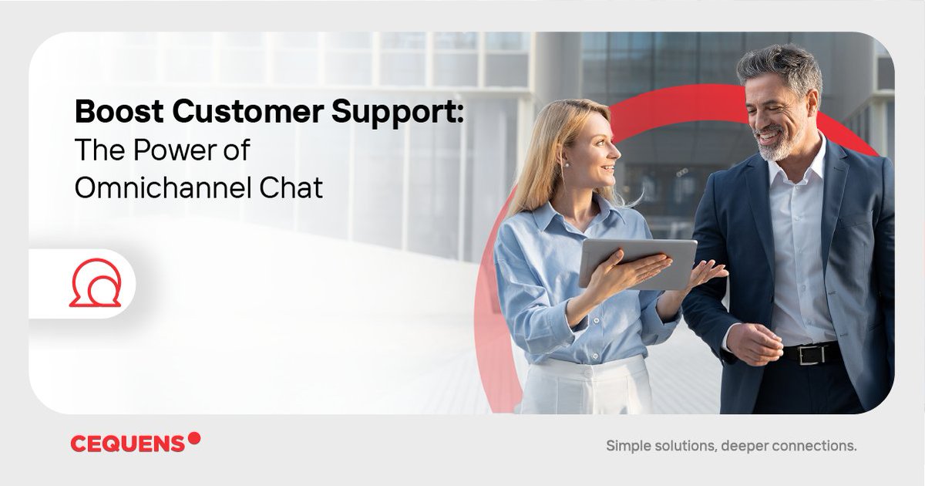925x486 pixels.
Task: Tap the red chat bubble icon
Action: coord(95,284)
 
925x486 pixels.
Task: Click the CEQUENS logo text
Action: coord(128,444)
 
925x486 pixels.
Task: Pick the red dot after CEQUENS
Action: coord(194,438)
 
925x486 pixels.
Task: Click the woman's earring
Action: coord(565,165)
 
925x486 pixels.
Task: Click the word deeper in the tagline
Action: coord(742,446)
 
